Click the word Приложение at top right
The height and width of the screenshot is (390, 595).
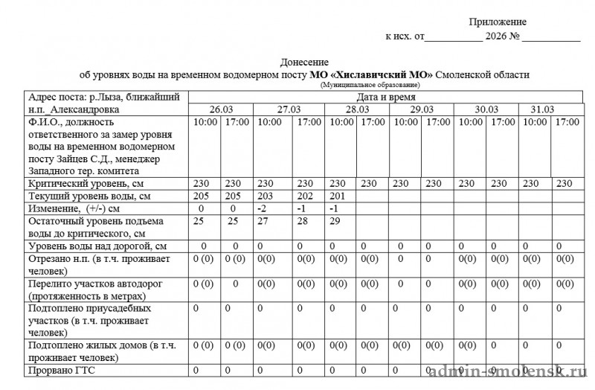pos(498,22)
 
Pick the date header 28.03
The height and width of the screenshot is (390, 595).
pos(357,109)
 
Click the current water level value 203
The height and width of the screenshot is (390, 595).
pos(266,196)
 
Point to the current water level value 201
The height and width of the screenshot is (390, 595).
pos(338,196)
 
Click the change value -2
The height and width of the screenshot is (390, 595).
pos(262,208)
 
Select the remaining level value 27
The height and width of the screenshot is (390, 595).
pos(263,221)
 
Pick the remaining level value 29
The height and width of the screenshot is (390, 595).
pos(335,221)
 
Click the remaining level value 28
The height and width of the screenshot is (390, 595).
pos(303,221)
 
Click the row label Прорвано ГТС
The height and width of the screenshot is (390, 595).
pos(61,370)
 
